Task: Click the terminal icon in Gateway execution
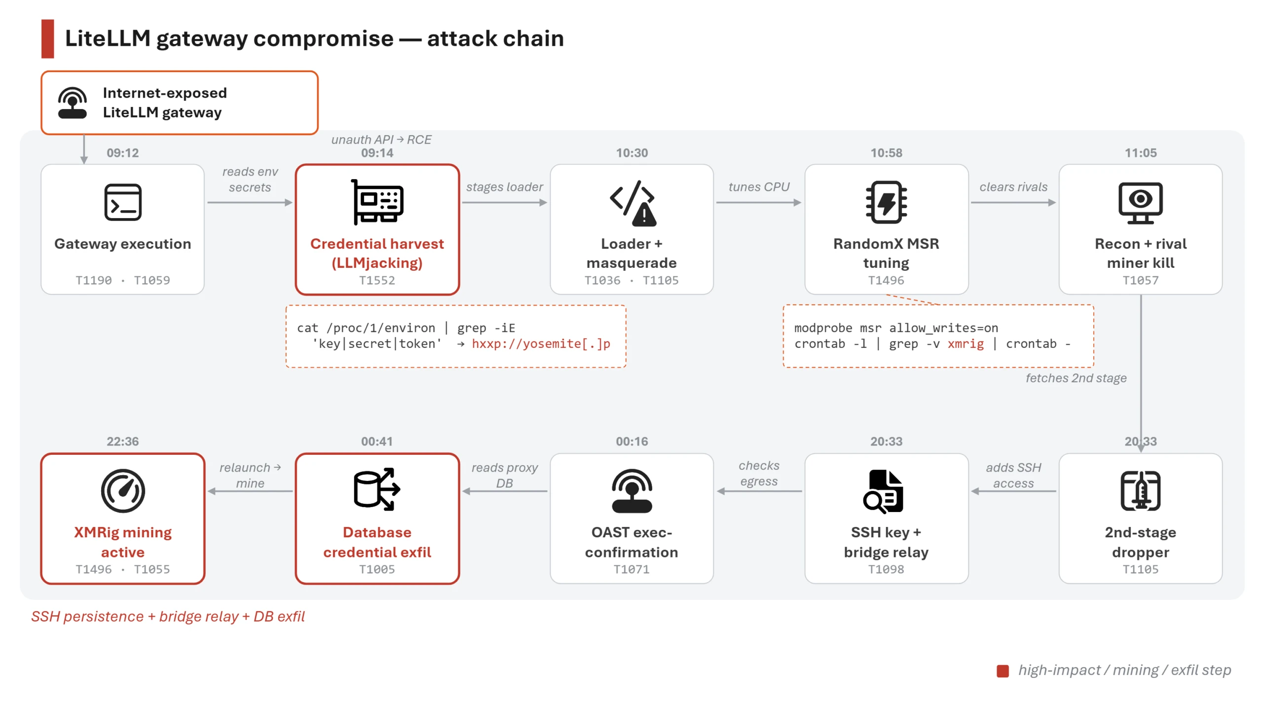(x=123, y=202)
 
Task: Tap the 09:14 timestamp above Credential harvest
(x=377, y=153)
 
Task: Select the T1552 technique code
(x=377, y=280)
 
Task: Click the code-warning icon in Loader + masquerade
(x=632, y=203)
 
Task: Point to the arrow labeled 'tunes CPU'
(x=759, y=202)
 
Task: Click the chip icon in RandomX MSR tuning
(x=886, y=202)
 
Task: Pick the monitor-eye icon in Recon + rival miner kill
(x=1140, y=203)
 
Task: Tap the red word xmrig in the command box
(x=966, y=343)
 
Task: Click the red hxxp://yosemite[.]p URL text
(x=541, y=343)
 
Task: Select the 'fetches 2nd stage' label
(x=1076, y=378)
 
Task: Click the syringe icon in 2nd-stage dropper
(x=1140, y=491)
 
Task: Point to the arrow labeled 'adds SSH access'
(x=1013, y=491)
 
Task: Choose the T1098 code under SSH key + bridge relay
(x=886, y=569)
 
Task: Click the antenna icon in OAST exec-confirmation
(x=631, y=491)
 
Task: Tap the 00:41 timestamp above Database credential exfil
(x=377, y=442)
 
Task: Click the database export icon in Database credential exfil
(x=377, y=489)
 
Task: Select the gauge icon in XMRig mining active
(x=123, y=491)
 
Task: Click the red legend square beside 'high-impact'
(x=1003, y=671)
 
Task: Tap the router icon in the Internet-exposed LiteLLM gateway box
(x=73, y=103)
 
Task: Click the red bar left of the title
(x=47, y=38)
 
